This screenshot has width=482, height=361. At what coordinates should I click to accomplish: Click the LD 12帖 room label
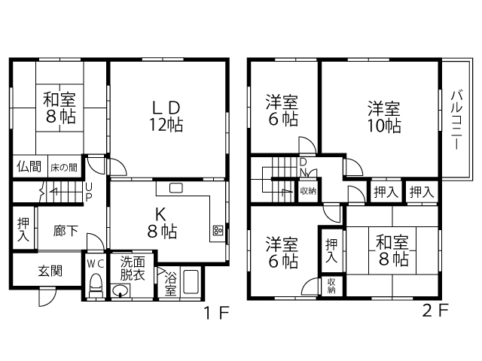(x=166, y=116)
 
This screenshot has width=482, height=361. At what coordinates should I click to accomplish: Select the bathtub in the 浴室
(x=191, y=281)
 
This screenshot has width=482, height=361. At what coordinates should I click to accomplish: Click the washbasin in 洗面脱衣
(x=120, y=290)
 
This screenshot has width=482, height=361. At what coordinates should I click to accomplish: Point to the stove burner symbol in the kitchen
(x=218, y=230)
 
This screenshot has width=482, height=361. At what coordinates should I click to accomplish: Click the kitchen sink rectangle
(x=176, y=188)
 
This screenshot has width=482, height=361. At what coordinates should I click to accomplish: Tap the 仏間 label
(x=29, y=167)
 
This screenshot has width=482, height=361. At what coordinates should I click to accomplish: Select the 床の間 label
(x=64, y=167)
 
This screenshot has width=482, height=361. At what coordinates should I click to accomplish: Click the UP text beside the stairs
(x=89, y=193)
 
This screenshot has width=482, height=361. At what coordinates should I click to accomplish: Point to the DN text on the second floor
(x=304, y=168)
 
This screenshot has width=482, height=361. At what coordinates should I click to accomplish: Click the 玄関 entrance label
(x=50, y=271)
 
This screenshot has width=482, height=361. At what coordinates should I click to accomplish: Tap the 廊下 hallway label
(x=66, y=231)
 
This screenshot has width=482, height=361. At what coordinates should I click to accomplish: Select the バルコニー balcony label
(x=456, y=120)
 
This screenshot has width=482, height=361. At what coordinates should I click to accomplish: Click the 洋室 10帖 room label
(x=384, y=117)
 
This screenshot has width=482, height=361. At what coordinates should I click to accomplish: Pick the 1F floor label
(x=217, y=313)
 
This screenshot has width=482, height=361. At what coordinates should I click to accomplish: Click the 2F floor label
(x=435, y=311)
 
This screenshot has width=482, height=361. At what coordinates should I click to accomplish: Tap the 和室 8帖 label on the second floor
(x=392, y=250)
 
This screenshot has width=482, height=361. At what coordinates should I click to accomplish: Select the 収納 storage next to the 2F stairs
(x=308, y=191)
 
